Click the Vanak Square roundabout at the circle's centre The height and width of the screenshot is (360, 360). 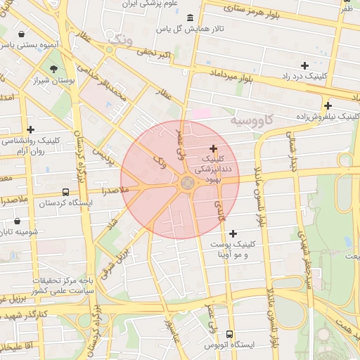188,184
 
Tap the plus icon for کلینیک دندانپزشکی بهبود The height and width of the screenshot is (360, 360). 214,149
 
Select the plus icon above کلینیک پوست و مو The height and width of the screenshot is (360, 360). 233,233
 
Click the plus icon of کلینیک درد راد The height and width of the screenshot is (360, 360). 304,65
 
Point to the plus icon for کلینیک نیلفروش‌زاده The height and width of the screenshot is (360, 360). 328,105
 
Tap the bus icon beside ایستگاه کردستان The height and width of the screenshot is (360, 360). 65,192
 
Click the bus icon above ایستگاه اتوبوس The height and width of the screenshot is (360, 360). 230,335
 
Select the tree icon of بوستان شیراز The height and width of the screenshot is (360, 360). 54,69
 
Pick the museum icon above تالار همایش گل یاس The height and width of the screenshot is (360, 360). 191,18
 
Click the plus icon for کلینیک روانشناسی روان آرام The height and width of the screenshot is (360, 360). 30,129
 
